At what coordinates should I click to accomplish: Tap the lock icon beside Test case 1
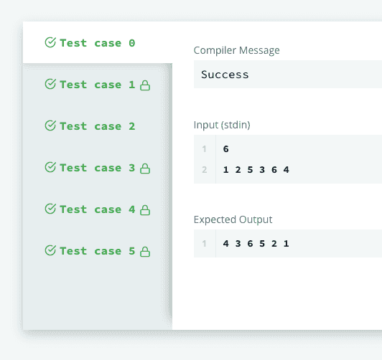coord(145,85)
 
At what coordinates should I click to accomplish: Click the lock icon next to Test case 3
coord(145,169)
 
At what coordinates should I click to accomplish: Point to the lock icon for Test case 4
coord(145,210)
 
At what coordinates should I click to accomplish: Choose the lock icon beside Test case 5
coord(145,252)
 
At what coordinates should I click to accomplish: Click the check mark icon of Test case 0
coord(50,42)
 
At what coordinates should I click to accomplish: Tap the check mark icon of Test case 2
coord(50,125)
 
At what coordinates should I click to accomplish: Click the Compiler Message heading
coord(236,50)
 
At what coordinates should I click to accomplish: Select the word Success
coord(225,75)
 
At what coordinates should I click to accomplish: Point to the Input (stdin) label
coord(222,125)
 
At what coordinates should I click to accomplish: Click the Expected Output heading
coord(233,219)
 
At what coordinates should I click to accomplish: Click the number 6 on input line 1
coord(226,149)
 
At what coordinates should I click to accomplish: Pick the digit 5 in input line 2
coord(250,170)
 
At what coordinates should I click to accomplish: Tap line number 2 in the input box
coord(205,170)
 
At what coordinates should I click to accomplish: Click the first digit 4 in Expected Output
coord(226,244)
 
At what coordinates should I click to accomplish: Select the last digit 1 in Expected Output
coord(286,244)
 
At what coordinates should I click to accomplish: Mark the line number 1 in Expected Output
coord(204,244)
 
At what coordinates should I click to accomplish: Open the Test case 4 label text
coord(98,209)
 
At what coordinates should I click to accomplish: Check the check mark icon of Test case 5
coord(50,250)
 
